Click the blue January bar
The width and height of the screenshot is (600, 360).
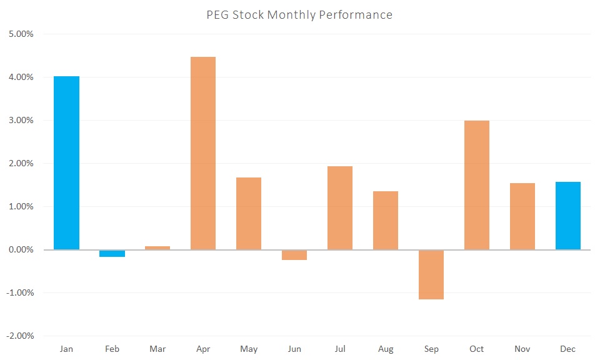66,162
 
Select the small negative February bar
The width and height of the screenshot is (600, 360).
112,253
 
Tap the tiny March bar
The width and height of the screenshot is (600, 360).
157,247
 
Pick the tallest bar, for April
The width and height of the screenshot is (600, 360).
203,153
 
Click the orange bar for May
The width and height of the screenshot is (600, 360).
249,213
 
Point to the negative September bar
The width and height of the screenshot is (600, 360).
431,274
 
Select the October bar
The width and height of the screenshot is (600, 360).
477,185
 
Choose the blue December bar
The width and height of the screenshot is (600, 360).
568,216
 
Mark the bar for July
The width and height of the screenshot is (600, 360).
340,207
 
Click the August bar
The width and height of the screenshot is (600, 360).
386,220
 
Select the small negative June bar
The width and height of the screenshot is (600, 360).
294,255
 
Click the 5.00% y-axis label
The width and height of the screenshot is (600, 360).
21,34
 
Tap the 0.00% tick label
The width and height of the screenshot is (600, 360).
21,249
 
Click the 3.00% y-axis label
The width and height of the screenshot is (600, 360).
21,120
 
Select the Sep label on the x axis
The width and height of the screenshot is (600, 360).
431,349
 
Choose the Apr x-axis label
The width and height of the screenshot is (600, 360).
203,349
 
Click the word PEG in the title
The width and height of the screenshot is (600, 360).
218,14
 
